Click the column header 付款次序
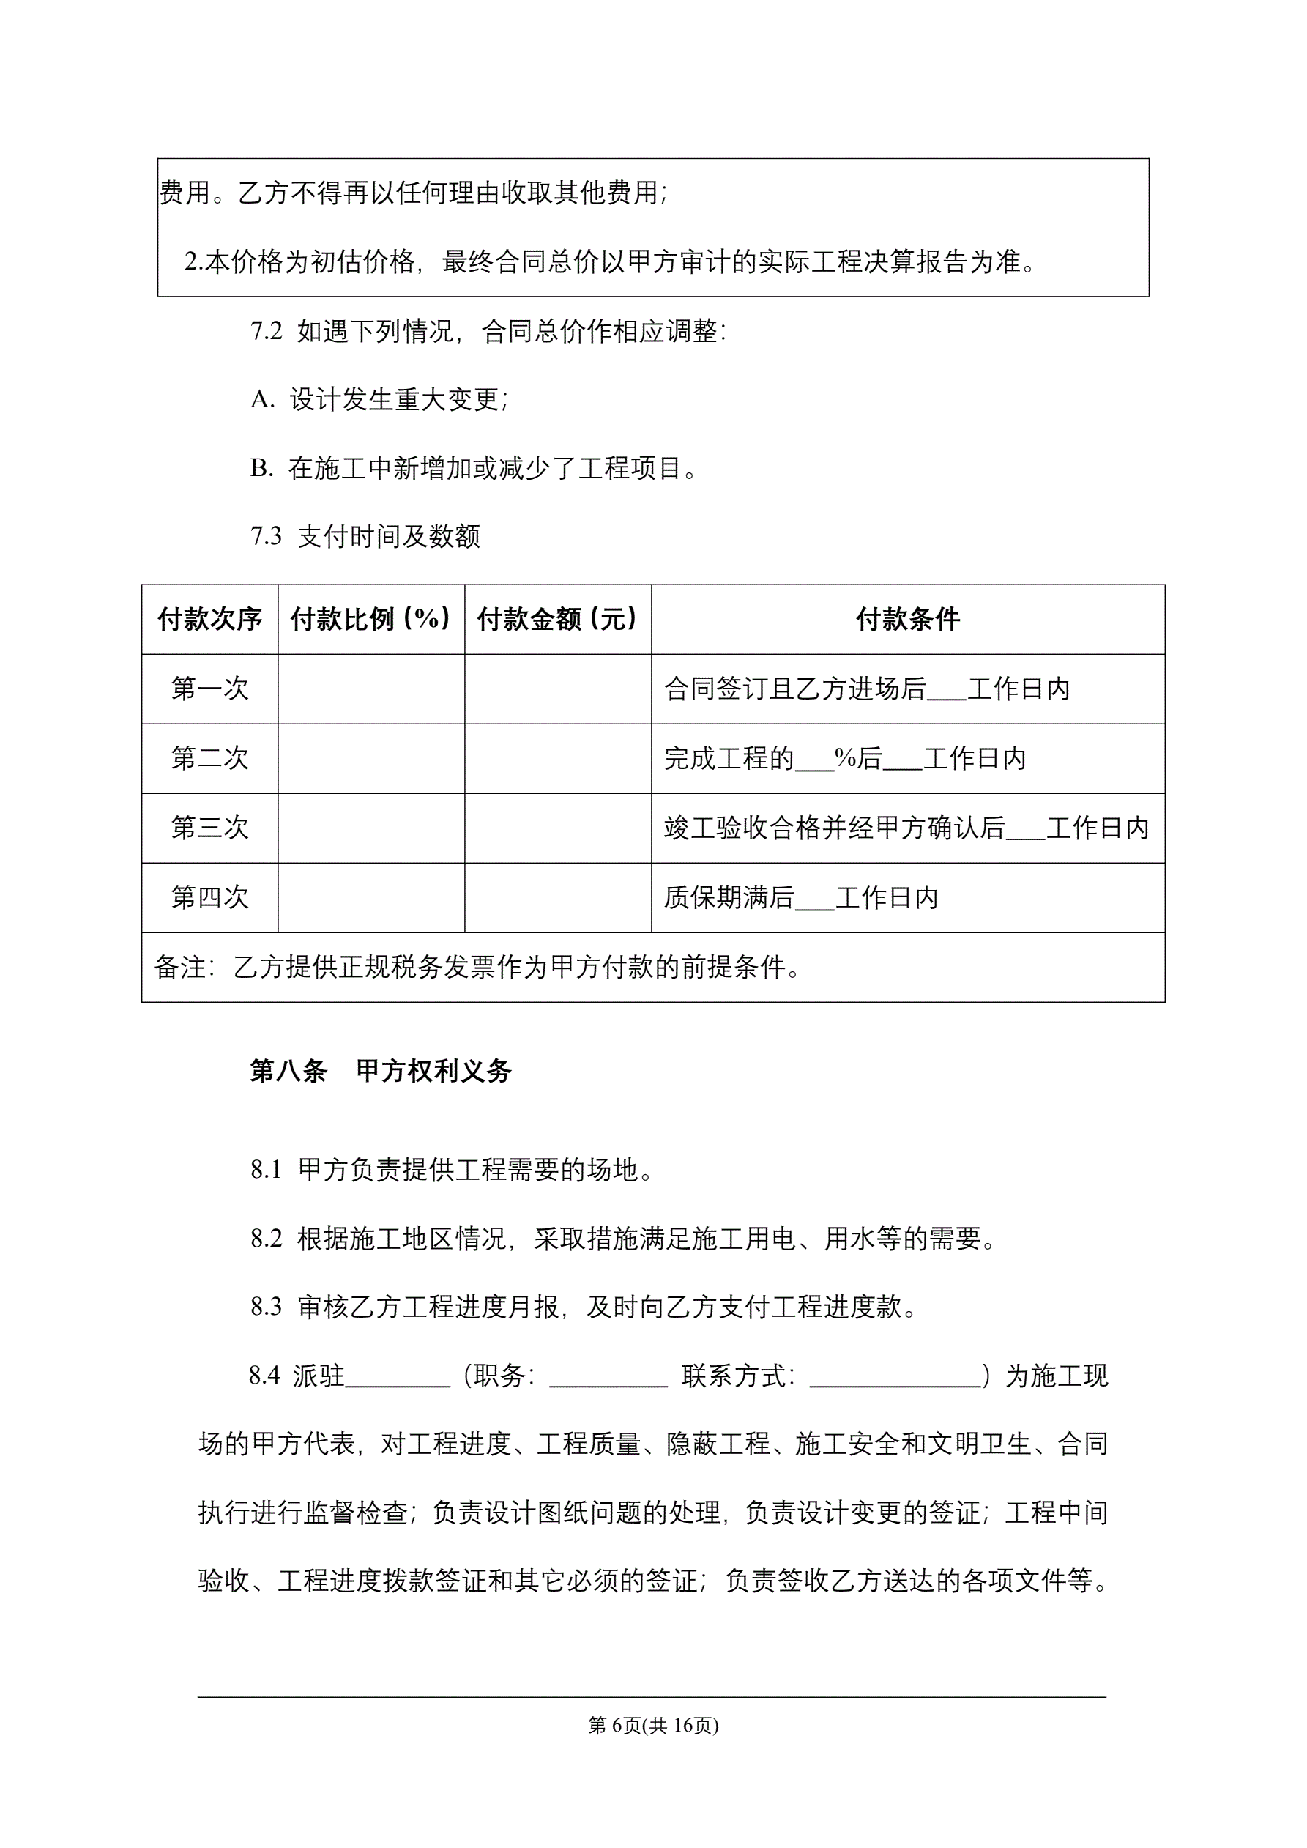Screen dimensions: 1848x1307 (x=209, y=619)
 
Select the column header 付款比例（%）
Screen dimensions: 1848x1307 (x=371, y=619)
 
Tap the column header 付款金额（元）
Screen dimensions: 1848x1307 (x=558, y=619)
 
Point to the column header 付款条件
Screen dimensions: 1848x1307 (x=908, y=619)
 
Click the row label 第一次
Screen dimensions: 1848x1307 (x=209, y=689)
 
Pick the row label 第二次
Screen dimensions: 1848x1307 (x=209, y=758)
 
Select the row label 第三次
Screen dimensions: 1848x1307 (x=209, y=828)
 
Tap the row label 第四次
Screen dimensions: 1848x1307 (x=209, y=897)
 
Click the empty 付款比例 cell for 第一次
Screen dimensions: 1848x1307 (x=371, y=689)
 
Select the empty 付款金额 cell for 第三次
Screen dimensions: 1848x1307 (x=558, y=828)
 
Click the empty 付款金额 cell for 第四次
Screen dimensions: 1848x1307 (x=558, y=897)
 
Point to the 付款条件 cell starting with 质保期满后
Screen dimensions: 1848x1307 (x=801, y=897)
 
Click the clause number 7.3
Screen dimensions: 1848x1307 (x=267, y=536)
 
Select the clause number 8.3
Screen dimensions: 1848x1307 (x=267, y=1307)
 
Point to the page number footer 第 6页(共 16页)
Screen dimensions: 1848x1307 (x=652, y=1725)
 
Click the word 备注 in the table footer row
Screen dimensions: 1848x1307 (x=179, y=968)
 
